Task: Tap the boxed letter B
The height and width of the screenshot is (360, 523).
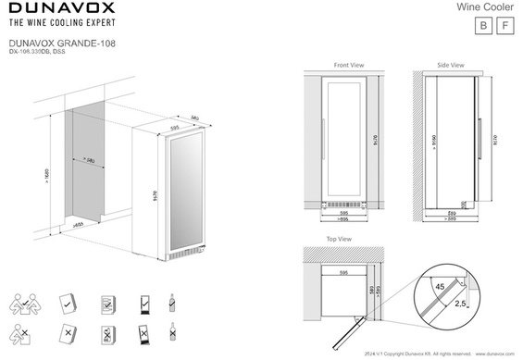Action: coord(480,26)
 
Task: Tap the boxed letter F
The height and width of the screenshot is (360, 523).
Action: coord(504,26)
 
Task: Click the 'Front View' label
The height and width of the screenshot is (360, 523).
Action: coord(348,66)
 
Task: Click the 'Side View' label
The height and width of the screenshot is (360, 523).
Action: coord(450,66)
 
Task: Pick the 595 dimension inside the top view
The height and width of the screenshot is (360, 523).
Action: coord(344,274)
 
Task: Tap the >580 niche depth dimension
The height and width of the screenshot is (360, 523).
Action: coord(89,159)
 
